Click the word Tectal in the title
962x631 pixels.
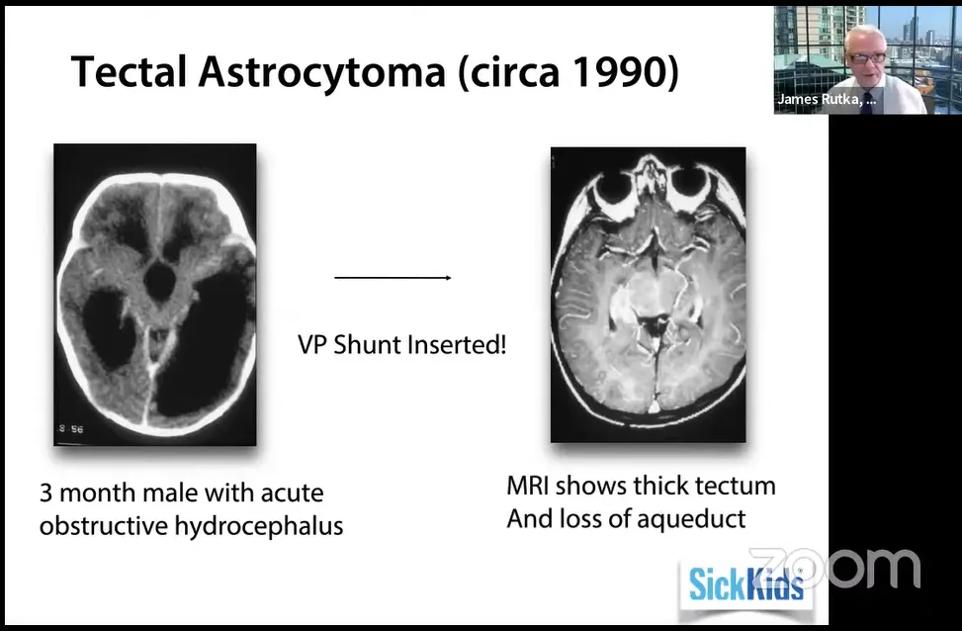pos(129,71)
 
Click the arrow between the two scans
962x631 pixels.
pos(393,278)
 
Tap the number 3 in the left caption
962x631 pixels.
pos(46,493)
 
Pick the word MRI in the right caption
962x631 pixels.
pos(528,486)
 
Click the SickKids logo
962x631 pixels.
pos(746,584)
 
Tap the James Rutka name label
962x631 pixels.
pos(827,100)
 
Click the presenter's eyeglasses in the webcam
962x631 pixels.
pos(867,57)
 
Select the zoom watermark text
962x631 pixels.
pos(835,568)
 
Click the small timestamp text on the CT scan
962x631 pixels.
pos(71,429)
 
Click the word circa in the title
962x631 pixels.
pos(512,72)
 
